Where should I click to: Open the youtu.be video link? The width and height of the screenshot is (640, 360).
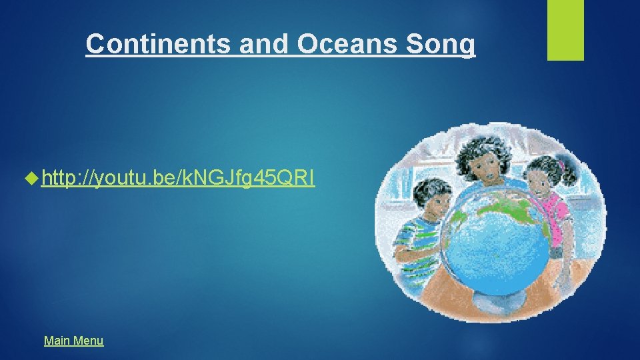[x=177, y=178]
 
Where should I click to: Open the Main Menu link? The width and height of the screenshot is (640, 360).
[x=73, y=341]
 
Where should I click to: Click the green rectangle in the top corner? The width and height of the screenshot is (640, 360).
[x=565, y=29]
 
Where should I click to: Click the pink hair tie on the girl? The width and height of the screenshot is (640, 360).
[x=561, y=164]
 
